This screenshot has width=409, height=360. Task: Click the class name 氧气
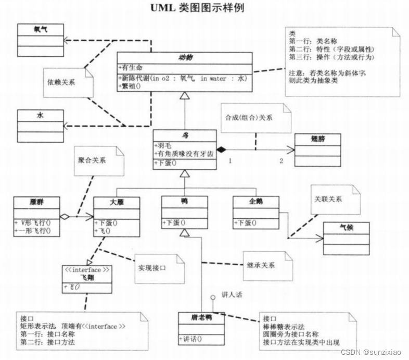point(40,30)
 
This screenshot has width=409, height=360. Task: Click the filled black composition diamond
point(222,150)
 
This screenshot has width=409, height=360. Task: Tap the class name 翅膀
point(317,139)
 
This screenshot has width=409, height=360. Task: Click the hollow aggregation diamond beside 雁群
point(65,216)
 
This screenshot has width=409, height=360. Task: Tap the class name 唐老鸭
point(201,318)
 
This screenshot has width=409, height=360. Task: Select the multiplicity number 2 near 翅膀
point(282,161)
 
